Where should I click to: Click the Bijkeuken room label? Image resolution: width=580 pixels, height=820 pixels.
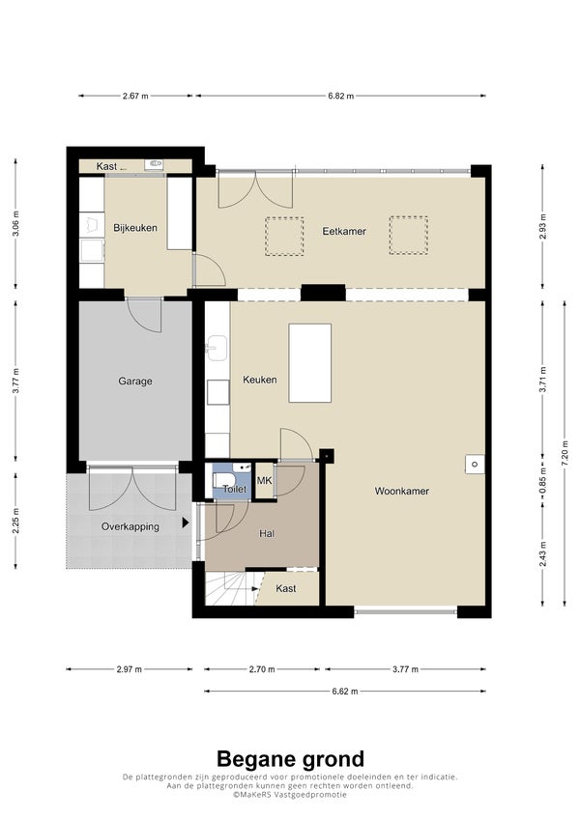point(135,228)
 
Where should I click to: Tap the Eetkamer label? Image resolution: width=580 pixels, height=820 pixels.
point(344,231)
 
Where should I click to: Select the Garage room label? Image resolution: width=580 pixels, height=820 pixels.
point(135,382)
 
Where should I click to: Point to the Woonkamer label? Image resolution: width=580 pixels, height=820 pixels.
point(401,491)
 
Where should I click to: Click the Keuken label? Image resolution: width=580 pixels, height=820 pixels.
point(260,380)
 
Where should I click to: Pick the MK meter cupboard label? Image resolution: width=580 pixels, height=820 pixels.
point(264,480)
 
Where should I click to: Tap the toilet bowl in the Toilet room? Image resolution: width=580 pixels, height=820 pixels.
point(224,481)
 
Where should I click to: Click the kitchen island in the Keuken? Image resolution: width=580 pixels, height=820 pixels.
point(310,363)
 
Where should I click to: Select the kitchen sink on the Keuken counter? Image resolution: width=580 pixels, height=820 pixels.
point(217,349)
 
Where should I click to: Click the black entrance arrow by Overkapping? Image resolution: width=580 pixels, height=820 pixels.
point(186,523)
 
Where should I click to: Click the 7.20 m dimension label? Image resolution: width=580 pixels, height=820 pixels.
point(565,453)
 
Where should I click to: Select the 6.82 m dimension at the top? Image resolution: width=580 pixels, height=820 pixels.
point(341,96)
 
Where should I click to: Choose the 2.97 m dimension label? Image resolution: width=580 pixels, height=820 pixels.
point(130,669)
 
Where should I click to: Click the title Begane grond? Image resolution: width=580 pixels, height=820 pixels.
point(290,759)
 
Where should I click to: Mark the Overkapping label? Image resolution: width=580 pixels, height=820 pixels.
point(130,526)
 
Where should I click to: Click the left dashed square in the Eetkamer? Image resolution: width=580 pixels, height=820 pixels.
point(284,237)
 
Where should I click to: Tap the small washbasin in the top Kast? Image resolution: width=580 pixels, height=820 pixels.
point(154,164)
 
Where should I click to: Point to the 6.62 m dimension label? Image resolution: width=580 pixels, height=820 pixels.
point(345,691)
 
